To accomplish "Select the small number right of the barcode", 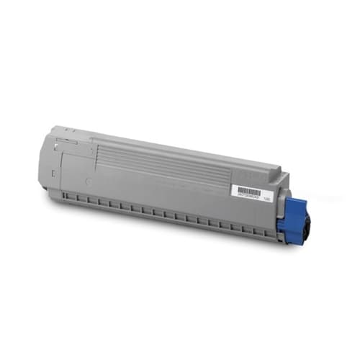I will coord(267,195).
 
